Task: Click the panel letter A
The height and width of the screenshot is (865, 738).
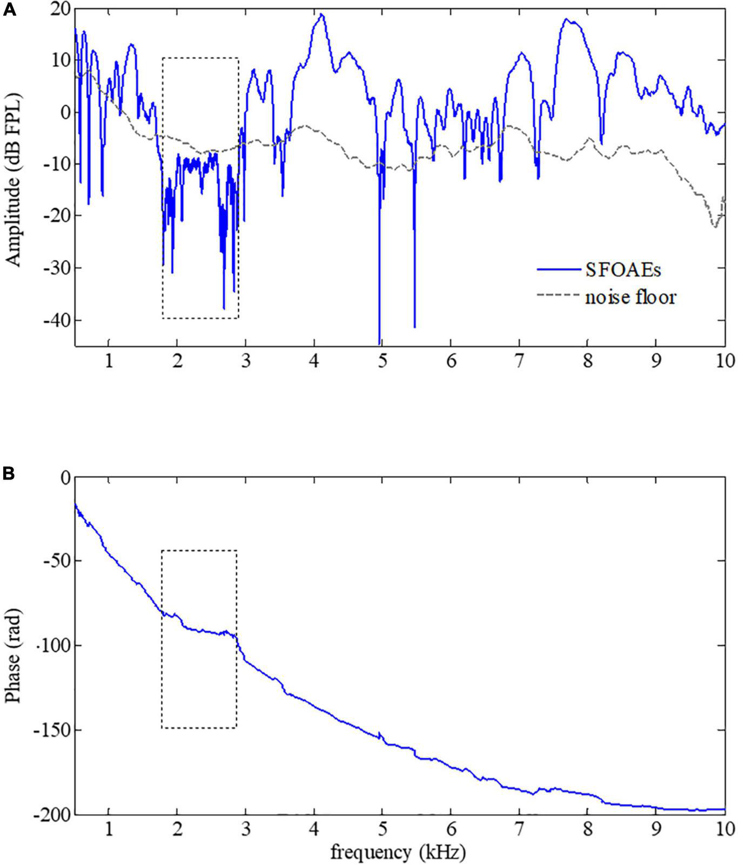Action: click(9, 10)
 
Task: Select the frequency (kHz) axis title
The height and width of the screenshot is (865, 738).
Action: click(398, 853)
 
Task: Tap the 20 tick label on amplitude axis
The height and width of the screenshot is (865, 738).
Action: click(58, 8)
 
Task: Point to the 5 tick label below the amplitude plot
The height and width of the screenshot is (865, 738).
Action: click(382, 361)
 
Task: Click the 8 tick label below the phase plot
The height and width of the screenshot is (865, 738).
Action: click(587, 829)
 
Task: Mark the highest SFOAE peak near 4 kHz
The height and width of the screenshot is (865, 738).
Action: click(321, 15)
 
